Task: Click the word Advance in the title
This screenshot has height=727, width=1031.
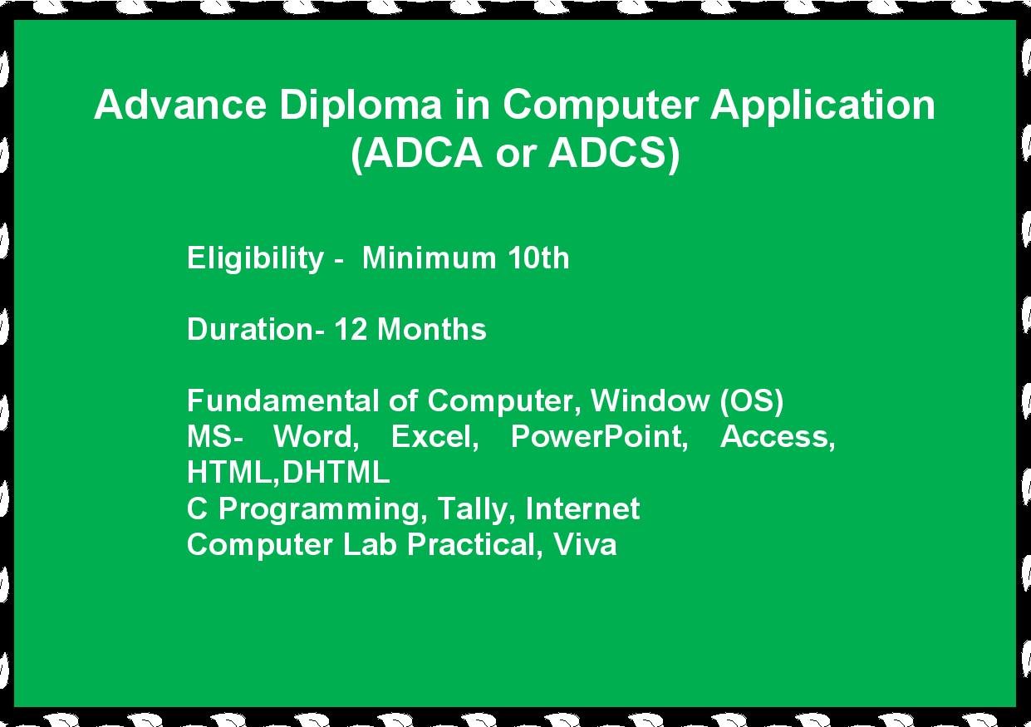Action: tap(180, 105)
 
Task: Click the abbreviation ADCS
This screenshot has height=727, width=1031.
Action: tap(607, 153)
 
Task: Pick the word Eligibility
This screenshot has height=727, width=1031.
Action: tap(255, 259)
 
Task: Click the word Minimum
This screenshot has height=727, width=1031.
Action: tap(429, 258)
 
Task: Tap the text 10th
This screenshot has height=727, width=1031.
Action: tap(539, 258)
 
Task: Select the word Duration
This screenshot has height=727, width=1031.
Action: tap(250, 329)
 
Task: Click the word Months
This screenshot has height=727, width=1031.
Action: tap(432, 329)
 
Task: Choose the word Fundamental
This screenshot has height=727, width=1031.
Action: tap(283, 400)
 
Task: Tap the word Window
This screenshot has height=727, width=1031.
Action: tap(650, 400)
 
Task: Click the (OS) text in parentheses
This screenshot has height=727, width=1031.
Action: tap(751, 401)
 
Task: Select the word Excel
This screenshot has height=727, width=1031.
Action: tap(435, 437)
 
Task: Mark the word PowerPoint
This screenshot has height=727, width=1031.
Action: tap(599, 437)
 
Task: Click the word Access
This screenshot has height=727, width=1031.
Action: tap(778, 437)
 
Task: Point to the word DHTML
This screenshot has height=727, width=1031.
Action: tap(336, 473)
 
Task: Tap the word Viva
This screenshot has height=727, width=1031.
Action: tap(585, 544)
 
